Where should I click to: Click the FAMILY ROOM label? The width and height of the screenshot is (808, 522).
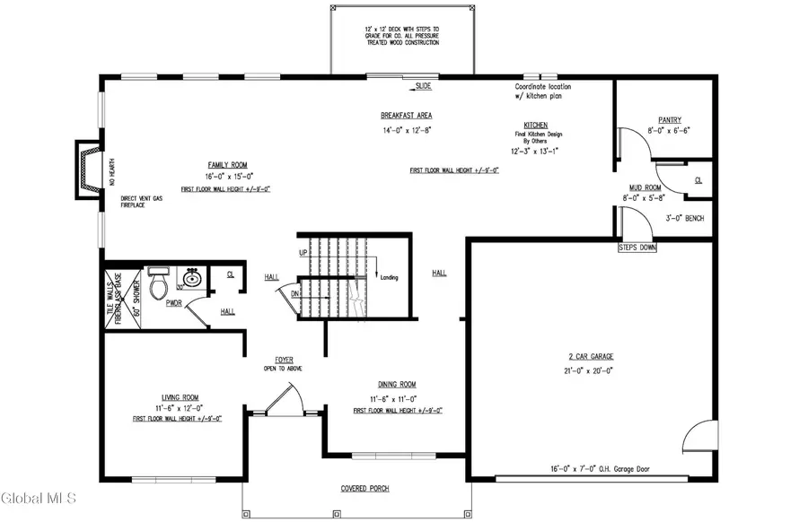tap(227, 165)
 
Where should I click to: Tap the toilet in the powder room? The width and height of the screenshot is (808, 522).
tap(159, 286)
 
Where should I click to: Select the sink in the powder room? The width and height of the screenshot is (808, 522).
tap(190, 279)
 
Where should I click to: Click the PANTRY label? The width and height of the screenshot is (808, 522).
tap(670, 118)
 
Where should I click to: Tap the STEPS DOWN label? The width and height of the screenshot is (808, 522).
tap(637, 247)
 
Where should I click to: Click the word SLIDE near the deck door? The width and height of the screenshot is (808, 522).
tap(423, 86)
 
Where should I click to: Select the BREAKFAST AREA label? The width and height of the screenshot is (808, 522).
tap(407, 116)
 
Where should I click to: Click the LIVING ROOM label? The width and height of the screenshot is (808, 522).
tap(173, 397)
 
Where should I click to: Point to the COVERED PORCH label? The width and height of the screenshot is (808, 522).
tap(364, 489)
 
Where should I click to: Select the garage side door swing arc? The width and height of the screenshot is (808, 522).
tap(699, 437)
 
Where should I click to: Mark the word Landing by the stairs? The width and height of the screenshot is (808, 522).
tap(389, 277)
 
